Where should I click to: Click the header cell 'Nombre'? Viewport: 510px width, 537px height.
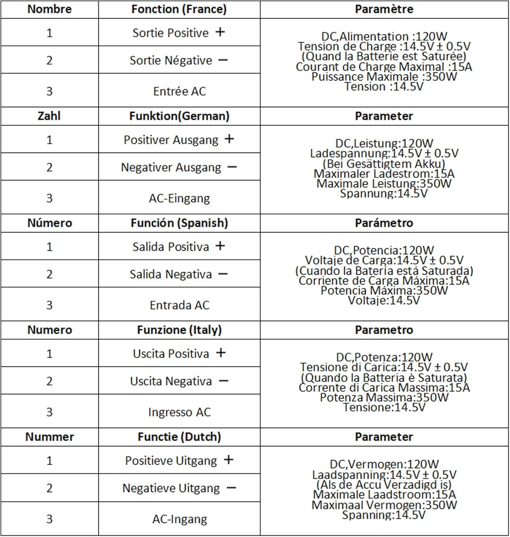[49, 9]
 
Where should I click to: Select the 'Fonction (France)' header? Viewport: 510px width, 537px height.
[179, 9]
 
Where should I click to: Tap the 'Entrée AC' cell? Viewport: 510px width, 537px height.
[179, 91]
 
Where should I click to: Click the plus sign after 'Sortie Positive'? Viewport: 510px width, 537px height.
[220, 32]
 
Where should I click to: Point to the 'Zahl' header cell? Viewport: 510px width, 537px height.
[49, 116]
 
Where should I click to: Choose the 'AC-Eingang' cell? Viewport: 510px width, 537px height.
[179, 198]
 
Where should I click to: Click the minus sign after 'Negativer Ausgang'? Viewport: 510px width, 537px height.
[232, 167]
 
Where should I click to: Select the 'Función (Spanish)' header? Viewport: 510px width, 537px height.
[179, 223]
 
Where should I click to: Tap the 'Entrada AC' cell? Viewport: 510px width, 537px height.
[179, 305]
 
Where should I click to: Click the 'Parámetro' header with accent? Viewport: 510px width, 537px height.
[384, 223]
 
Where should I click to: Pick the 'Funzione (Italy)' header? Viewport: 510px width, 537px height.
[179, 330]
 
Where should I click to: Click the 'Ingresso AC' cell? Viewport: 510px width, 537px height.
[179, 412]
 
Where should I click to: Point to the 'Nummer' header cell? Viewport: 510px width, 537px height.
[49, 437]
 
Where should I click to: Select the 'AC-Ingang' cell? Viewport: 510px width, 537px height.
[179, 519]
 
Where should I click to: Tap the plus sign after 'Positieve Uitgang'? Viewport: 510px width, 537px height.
[228, 460]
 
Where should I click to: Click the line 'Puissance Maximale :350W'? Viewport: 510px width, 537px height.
[384, 77]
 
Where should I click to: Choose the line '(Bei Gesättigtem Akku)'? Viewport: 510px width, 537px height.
[384, 164]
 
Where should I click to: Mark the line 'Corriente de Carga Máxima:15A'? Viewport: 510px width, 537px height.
[384, 280]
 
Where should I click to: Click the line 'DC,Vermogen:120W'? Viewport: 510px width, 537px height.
[384, 464]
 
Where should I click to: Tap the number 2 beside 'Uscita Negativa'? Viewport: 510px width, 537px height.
[49, 381]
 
